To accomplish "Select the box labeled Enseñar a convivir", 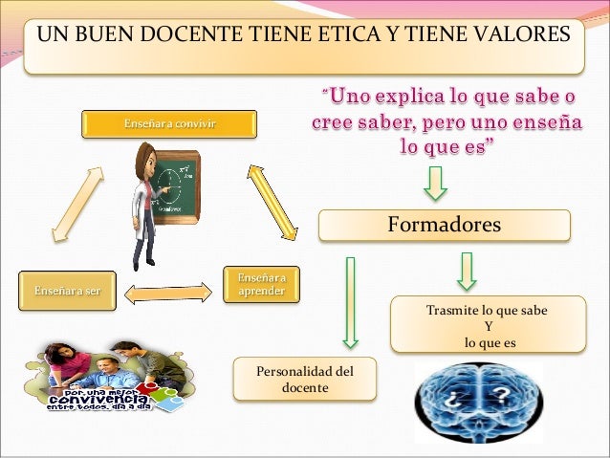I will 170,124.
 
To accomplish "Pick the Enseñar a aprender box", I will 261,284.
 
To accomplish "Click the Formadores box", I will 443,225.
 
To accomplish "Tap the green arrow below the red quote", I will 436,183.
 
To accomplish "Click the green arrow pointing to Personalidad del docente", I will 350,301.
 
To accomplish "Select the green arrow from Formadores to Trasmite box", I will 466,271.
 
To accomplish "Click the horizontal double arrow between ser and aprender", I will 169,291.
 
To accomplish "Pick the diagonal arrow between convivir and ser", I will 72,203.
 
